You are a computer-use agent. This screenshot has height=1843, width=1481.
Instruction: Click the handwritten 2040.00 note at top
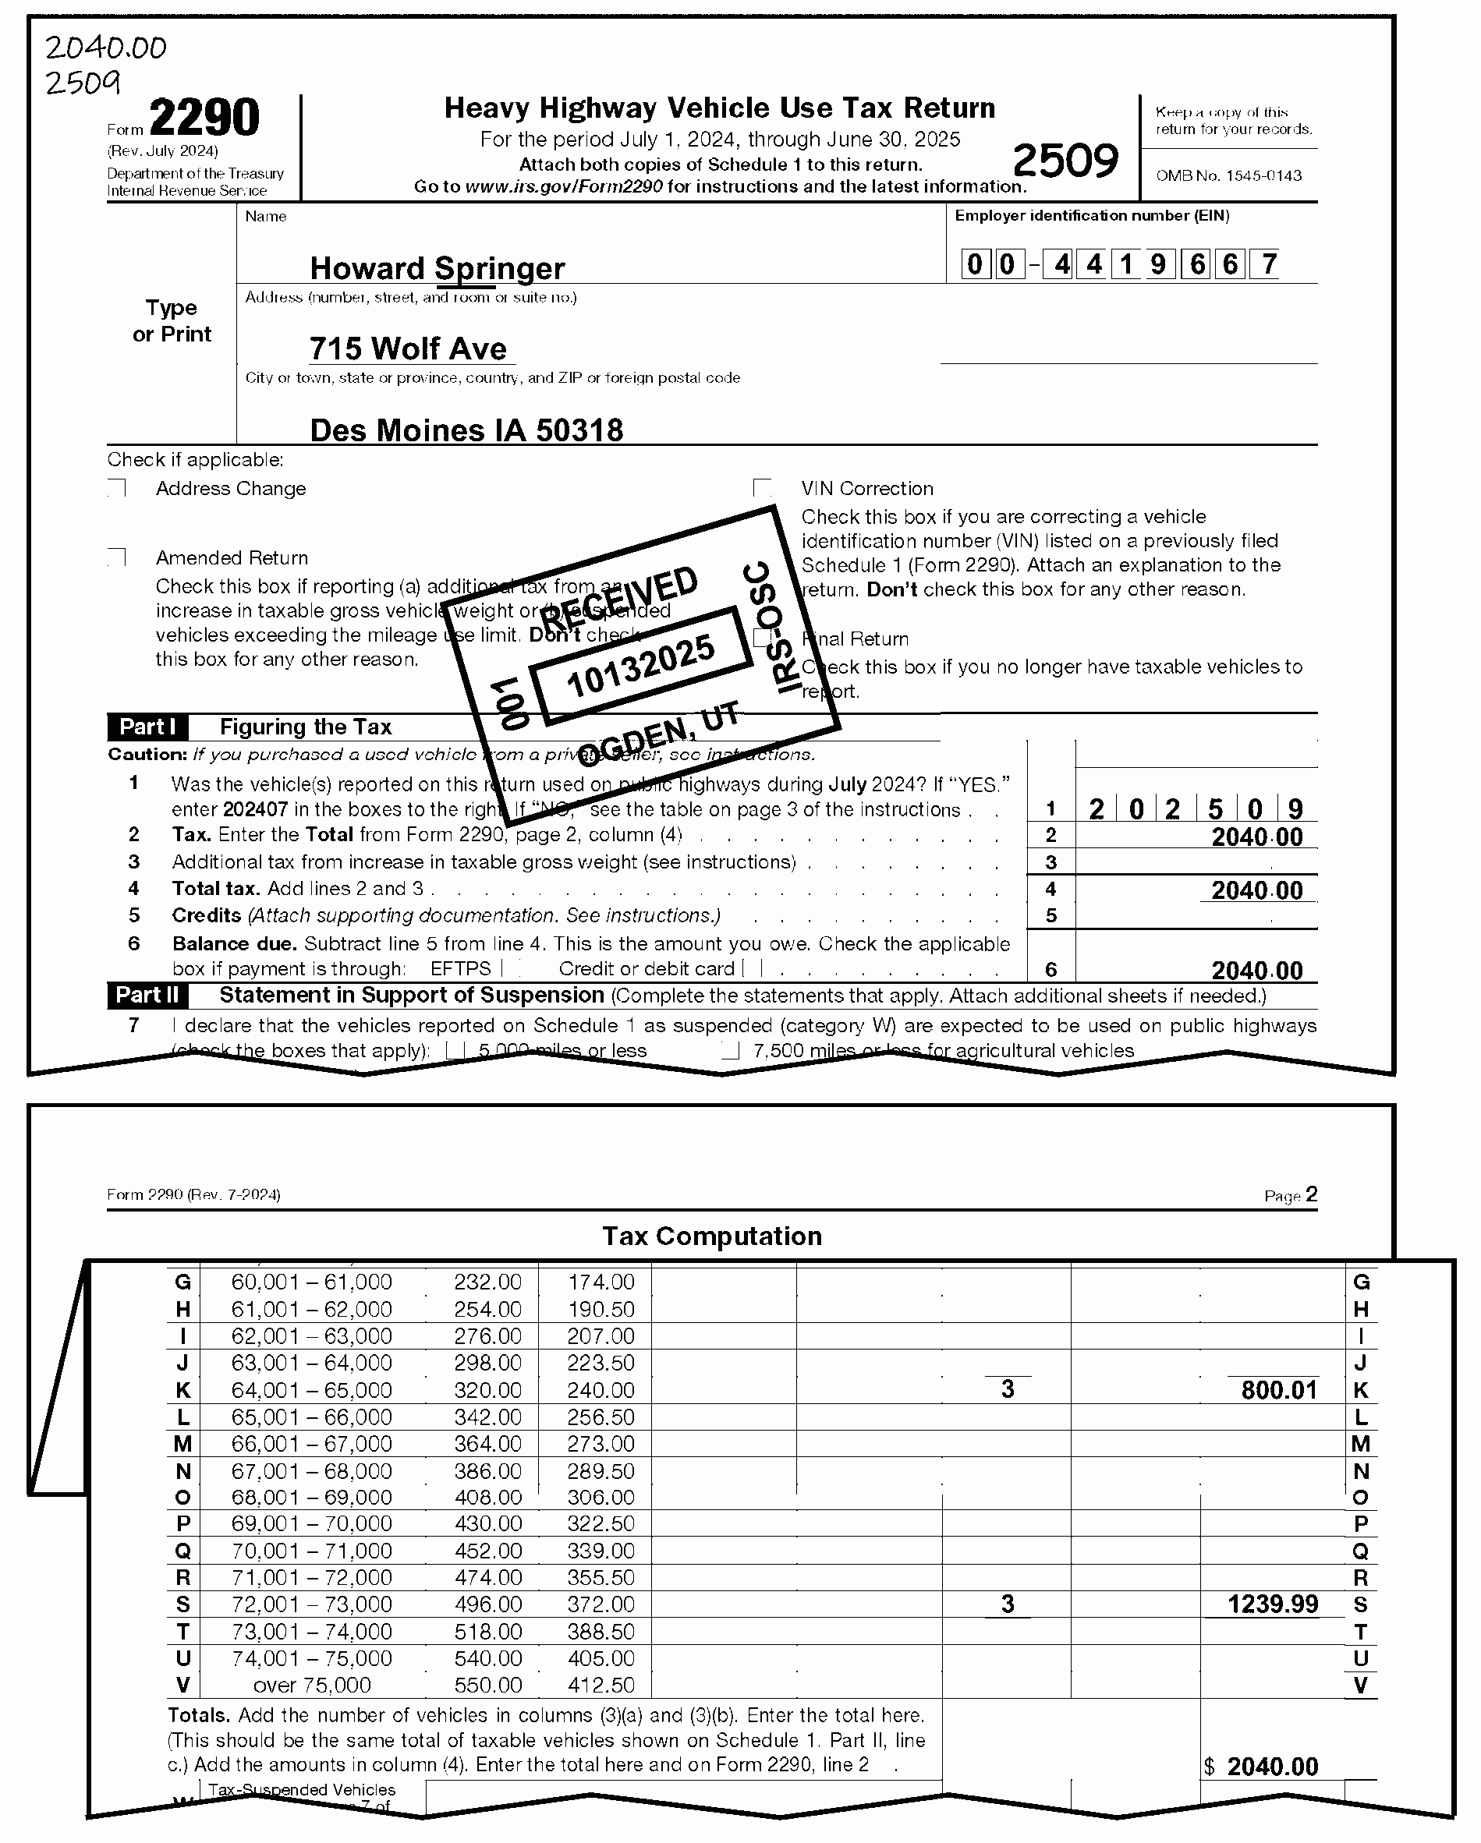point(106,48)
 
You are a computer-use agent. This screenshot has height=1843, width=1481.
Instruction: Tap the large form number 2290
point(204,118)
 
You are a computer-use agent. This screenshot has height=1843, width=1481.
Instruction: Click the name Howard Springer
point(437,268)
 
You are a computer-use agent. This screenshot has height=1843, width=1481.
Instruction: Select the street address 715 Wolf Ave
point(408,348)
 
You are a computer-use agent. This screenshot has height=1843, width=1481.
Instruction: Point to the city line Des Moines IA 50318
point(466,430)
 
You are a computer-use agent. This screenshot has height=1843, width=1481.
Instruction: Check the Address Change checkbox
point(118,488)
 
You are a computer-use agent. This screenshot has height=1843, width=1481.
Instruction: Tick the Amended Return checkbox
point(118,557)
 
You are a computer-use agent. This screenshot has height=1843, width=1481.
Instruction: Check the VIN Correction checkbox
point(763,488)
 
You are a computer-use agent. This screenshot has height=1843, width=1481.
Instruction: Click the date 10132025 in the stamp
point(640,666)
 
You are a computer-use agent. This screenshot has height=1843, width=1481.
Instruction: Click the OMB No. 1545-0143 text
point(1229,176)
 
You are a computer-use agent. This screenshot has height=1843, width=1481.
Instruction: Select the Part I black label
point(147,727)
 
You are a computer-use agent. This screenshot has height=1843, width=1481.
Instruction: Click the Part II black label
point(147,995)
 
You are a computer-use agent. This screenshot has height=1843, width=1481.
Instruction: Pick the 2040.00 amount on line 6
point(1257,970)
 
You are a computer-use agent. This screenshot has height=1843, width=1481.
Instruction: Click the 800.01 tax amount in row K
point(1279,1390)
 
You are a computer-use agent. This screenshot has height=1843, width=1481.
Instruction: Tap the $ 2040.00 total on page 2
point(1262,1767)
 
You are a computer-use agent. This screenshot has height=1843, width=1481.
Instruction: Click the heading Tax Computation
point(712,1236)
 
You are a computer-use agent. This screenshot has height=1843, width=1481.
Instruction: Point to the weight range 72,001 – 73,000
point(311,1604)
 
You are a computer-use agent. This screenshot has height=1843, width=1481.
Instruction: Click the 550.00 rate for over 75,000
point(487,1685)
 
